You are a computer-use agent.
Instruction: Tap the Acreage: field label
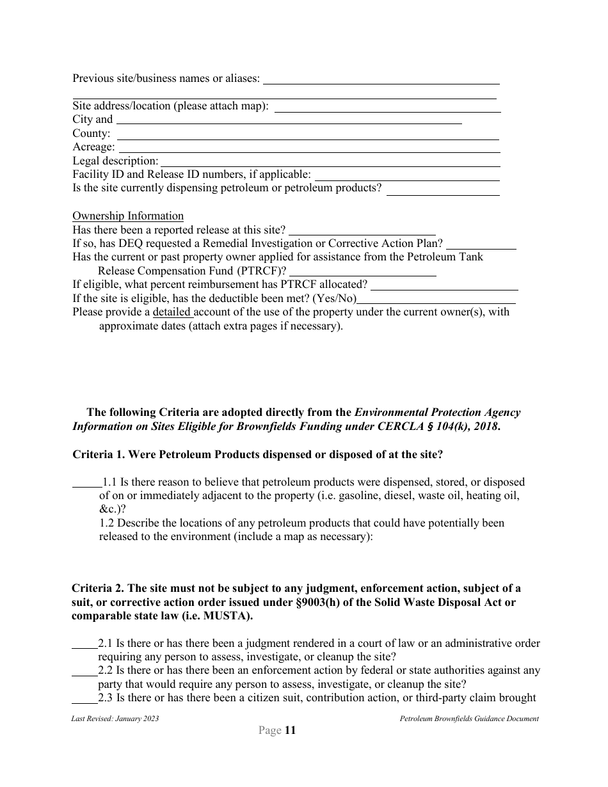(93, 147)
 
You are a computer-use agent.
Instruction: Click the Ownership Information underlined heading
(128, 216)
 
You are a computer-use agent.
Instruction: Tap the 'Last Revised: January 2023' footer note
(115, 719)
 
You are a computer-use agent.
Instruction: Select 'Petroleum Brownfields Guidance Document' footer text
(469, 719)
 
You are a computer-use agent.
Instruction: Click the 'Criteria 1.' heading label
(99, 454)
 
